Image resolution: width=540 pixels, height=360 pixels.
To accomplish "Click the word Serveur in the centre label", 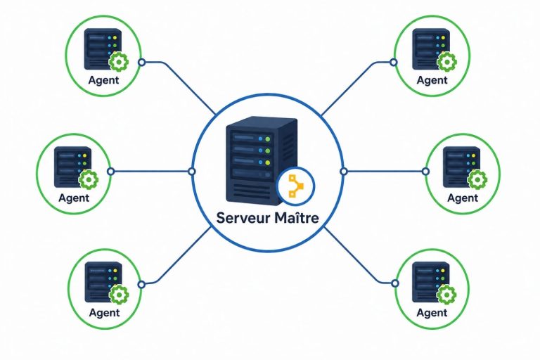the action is point(244,218).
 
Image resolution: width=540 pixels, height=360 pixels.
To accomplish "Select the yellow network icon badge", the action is point(296,186).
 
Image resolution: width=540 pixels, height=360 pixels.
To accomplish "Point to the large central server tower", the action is point(261,160).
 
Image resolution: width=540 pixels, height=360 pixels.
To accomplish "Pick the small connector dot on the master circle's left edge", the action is point(192,172).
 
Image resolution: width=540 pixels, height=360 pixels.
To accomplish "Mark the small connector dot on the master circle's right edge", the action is point(343,172).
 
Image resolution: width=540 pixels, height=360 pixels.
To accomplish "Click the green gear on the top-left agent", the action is point(119,62).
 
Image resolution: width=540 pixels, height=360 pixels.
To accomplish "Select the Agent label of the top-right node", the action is point(432,80).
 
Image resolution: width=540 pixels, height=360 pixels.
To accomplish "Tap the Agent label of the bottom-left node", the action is point(104,313).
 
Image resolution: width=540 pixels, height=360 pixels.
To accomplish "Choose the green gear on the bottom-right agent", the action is point(446,295).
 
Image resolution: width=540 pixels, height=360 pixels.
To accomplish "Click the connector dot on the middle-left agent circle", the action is point(110,172).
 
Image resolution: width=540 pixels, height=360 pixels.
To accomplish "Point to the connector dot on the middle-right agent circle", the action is point(425,172).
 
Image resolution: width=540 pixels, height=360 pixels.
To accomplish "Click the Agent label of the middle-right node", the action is point(463,198).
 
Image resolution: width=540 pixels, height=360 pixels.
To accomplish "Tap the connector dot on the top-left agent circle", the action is point(141,63).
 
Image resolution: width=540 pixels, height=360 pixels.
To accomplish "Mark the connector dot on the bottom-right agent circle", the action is point(395,283).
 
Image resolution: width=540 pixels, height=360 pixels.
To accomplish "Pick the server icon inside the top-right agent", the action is point(431,49).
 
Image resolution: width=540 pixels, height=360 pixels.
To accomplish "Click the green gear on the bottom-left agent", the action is point(119,295).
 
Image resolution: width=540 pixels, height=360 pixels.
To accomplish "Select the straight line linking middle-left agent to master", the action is point(151,172).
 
